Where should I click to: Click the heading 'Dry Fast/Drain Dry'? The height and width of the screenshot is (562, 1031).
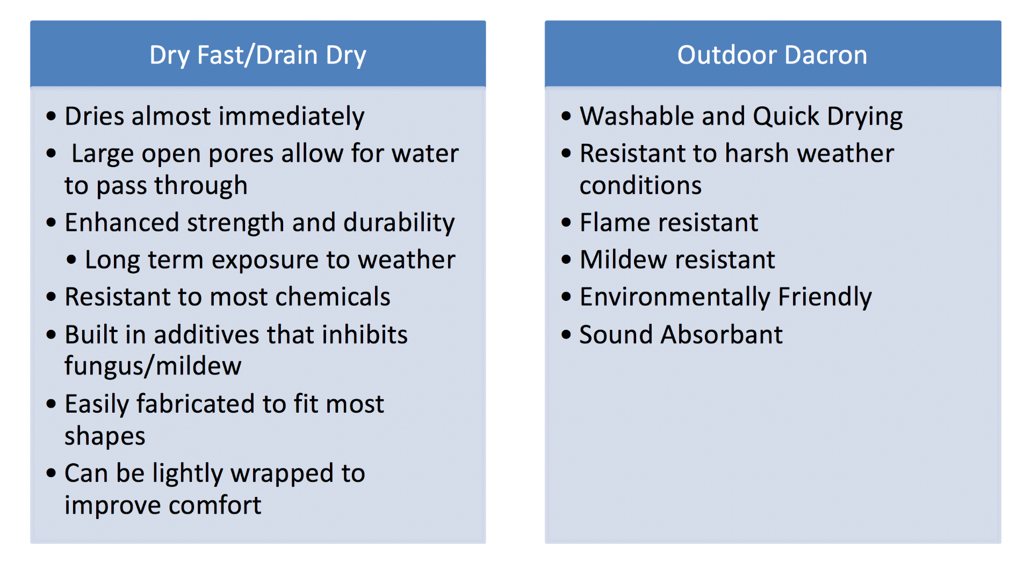point(258,56)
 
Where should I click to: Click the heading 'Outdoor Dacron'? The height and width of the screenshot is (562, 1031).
point(772,55)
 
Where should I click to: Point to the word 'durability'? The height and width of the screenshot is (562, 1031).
point(399,223)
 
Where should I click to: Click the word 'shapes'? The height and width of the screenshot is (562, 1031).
point(105,436)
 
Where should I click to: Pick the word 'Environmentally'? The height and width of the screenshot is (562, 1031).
point(675,298)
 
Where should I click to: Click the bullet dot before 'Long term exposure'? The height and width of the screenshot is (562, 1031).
point(71,260)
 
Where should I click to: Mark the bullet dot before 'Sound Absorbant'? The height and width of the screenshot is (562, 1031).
point(566,334)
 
